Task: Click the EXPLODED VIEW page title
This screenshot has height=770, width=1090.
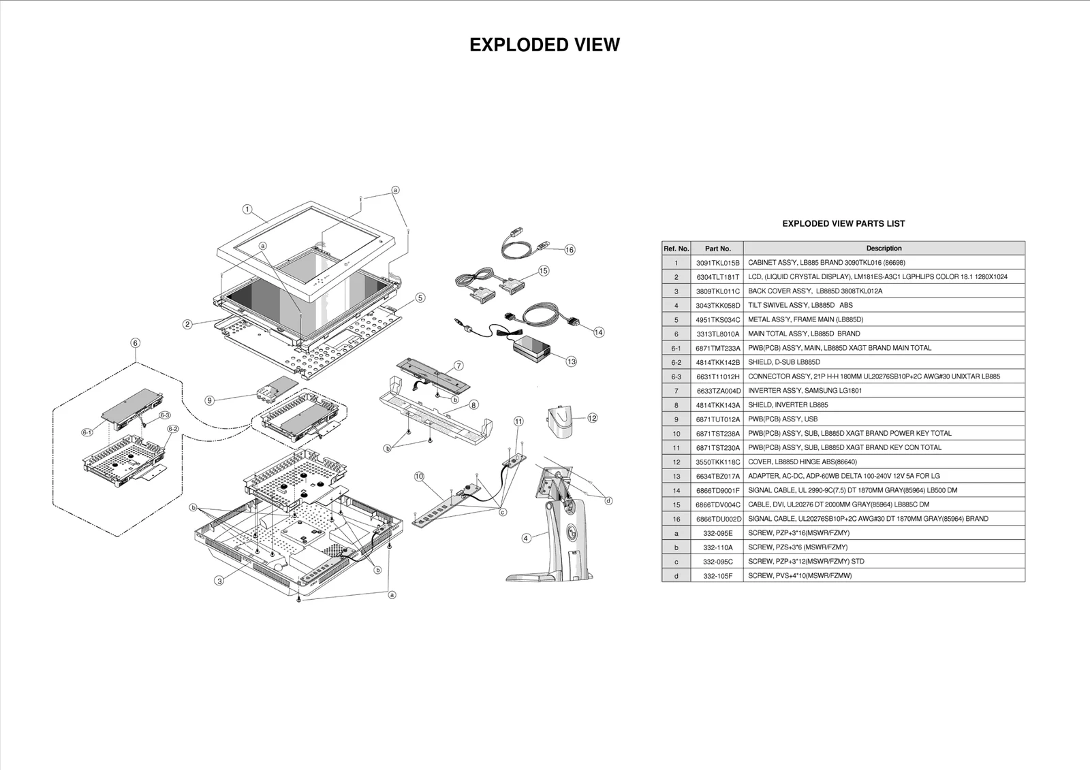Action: (544, 45)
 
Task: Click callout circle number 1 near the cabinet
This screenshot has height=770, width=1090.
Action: (247, 210)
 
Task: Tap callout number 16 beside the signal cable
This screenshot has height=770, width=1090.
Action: (570, 250)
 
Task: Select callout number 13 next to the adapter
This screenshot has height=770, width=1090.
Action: (571, 362)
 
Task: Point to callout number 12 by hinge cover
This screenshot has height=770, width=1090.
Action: (592, 418)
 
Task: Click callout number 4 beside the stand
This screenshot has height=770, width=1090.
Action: (526, 538)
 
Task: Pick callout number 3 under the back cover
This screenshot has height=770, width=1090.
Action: (219, 581)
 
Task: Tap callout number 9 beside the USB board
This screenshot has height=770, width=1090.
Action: (210, 400)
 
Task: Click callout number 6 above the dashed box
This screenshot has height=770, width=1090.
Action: (135, 343)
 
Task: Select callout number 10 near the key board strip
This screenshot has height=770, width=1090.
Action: (419, 477)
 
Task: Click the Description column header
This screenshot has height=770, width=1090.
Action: (884, 248)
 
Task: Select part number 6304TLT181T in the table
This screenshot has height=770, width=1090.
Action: (717, 277)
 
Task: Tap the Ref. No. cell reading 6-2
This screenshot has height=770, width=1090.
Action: (676, 362)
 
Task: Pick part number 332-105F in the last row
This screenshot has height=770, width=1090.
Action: (717, 576)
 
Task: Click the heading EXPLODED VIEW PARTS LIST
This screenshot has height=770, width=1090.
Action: (843, 223)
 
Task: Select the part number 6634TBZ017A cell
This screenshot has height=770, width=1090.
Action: (717, 477)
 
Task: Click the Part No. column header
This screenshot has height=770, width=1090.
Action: (717, 248)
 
